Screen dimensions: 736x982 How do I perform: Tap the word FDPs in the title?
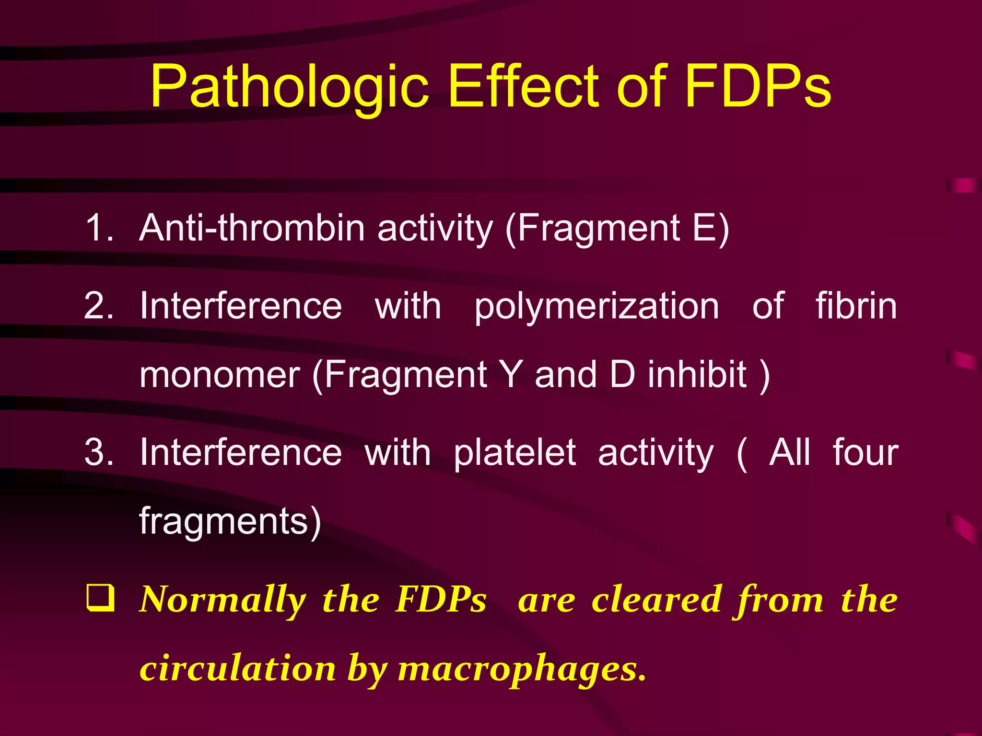click(758, 86)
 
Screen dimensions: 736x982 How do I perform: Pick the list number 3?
click(98, 452)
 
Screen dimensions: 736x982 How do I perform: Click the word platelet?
click(514, 453)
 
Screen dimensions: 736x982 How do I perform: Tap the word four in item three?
click(865, 452)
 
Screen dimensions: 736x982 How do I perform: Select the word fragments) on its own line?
click(230, 521)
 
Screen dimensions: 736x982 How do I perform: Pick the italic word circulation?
click(238, 669)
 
